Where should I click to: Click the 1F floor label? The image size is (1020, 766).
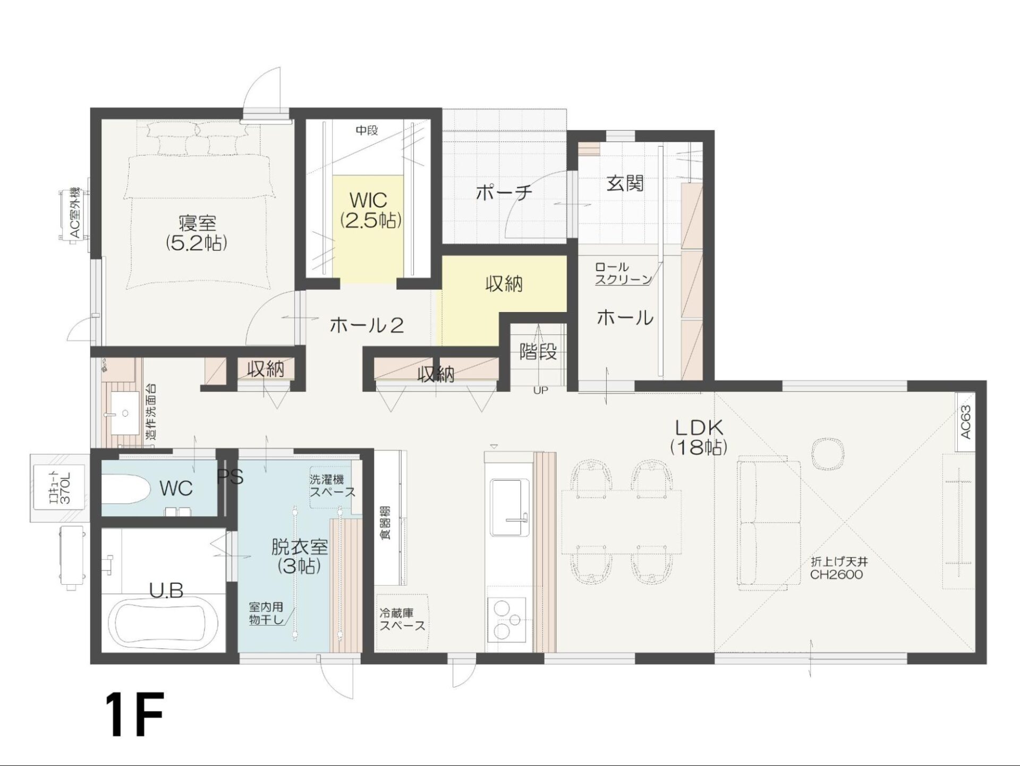coord(134,714)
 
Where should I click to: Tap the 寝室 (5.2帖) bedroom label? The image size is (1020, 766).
coord(197,232)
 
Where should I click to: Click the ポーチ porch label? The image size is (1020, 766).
coord(504,192)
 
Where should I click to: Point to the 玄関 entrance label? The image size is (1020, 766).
coord(625,184)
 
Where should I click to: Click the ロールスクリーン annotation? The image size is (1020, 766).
coord(623,273)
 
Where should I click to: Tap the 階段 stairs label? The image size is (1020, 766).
coord(538,351)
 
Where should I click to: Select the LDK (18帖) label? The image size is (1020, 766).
coord(699,437)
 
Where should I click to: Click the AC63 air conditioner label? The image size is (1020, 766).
coord(966,423)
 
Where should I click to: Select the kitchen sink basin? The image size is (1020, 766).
coord(509,508)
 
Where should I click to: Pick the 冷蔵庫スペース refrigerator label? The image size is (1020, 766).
coord(402,619)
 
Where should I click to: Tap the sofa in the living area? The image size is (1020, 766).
coord(769,523)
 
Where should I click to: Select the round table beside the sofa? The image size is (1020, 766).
coord(828,453)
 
